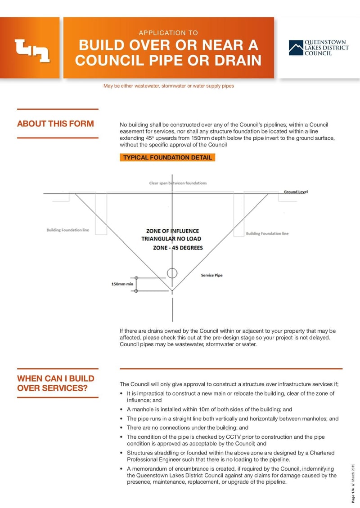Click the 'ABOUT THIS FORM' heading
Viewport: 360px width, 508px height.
[x=55, y=124]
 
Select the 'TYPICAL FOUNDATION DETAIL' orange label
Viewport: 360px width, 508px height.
[x=167, y=158]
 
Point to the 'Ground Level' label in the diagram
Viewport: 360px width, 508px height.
[x=296, y=192]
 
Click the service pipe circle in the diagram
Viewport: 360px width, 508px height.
[x=172, y=273]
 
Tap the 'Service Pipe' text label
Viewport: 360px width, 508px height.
[x=211, y=275]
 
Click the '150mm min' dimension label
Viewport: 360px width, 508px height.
[x=122, y=284]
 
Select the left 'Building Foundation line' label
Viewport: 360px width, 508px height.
[x=67, y=230]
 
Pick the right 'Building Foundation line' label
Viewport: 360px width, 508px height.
[x=267, y=234]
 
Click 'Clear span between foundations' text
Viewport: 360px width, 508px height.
[x=178, y=183]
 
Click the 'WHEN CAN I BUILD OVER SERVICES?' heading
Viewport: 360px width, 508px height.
[x=56, y=383]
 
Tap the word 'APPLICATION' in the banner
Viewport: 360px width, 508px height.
[x=155, y=33]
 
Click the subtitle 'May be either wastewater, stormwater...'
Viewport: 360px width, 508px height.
[x=169, y=86]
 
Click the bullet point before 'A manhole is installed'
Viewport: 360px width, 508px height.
[x=122, y=410]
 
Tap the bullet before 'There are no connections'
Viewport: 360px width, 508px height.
[x=122, y=428]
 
